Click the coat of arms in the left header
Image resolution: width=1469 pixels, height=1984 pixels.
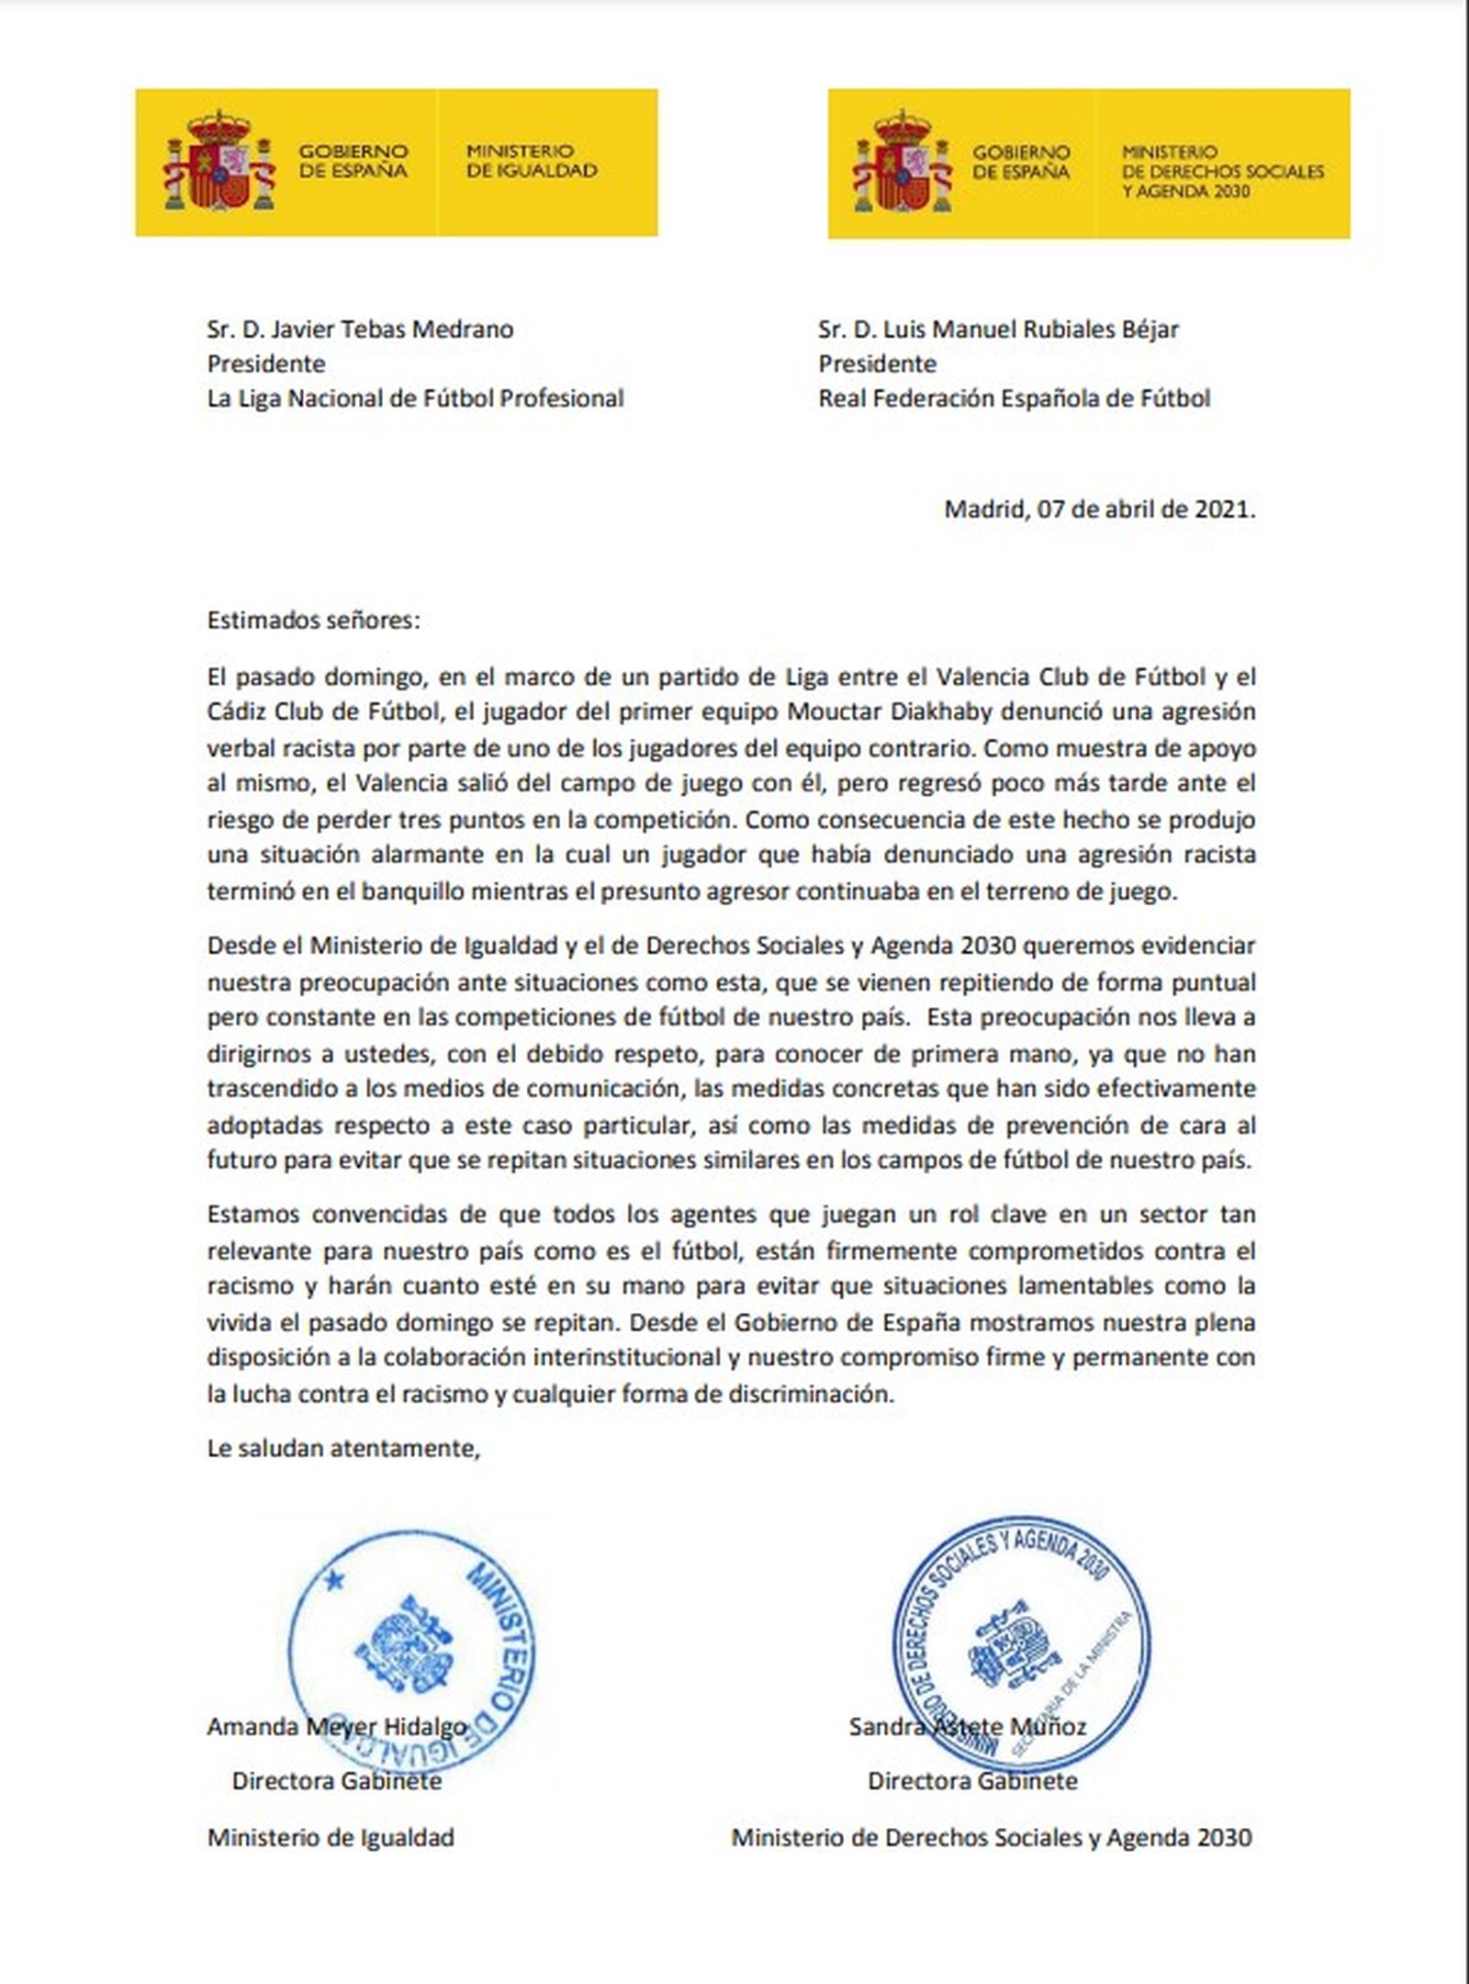coord(220,163)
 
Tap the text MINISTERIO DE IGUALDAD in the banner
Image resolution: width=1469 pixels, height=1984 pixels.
coord(532,161)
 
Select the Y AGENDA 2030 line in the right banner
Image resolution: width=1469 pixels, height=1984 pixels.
coord(1186,191)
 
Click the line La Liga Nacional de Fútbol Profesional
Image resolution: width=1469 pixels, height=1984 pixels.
coord(415,398)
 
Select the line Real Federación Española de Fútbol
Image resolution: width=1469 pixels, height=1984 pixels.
coord(1015,398)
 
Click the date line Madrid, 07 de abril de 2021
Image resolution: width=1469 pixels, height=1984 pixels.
coord(1099,509)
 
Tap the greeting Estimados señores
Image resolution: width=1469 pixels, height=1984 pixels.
coord(313,620)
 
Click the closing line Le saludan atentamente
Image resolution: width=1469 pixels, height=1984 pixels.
coord(343,1449)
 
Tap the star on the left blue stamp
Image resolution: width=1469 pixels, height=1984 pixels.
coord(333,1579)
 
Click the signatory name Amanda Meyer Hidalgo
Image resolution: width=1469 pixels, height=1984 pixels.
coord(337,1727)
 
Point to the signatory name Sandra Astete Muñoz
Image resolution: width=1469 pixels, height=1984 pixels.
coord(968,1727)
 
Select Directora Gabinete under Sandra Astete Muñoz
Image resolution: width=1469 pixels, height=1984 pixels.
coord(972,1781)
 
